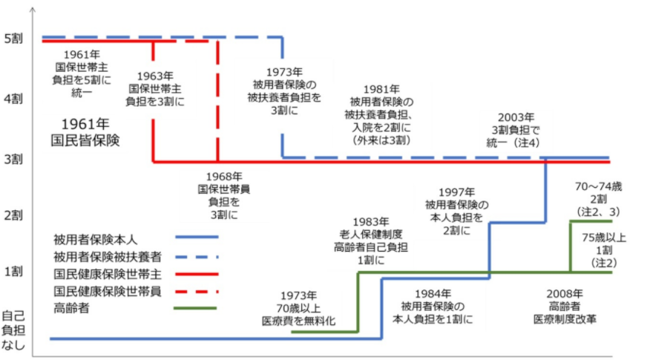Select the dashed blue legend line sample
click(196, 256)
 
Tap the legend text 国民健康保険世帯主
click(100, 273)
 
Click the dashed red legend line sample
click(196, 290)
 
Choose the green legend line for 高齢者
click(196, 307)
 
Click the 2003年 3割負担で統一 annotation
click(516, 129)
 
